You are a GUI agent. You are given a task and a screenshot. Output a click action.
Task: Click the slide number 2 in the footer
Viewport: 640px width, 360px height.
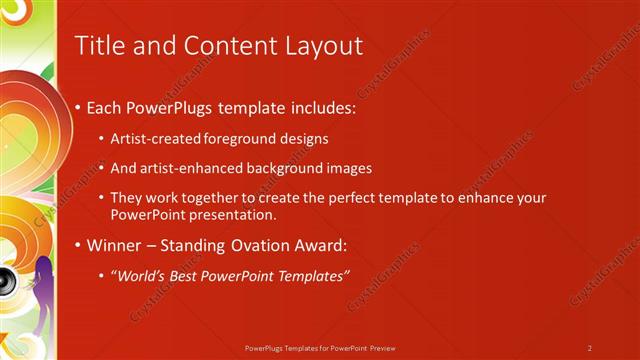click(x=590, y=348)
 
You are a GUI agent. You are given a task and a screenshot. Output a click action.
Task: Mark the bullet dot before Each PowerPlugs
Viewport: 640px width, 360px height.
click(x=78, y=108)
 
